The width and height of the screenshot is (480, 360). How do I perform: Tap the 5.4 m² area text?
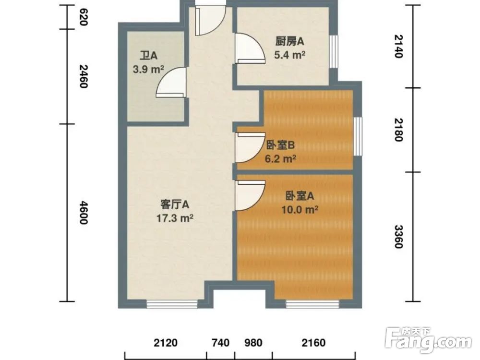tap(290, 55)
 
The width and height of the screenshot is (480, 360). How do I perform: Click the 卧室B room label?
tap(280, 144)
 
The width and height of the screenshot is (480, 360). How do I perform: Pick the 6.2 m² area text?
tap(280, 158)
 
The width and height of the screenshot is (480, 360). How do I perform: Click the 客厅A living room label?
tap(175, 204)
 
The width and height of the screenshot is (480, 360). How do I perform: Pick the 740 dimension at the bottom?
tap(220, 343)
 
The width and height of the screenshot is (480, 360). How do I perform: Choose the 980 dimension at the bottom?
tap(253, 343)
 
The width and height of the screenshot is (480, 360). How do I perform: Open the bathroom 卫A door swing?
tap(172, 83)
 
